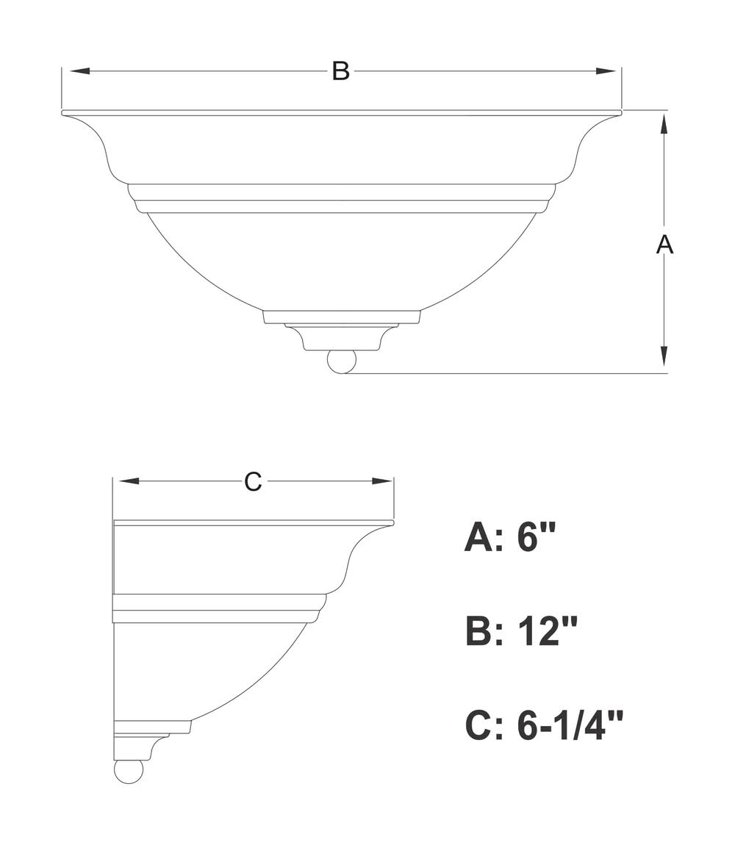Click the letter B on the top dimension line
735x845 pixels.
pyautogui.click(x=341, y=71)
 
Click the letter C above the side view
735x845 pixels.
pyautogui.click(x=252, y=481)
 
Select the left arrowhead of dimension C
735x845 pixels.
pyautogui.click(x=126, y=481)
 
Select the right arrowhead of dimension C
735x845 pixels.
pyautogui.click(x=381, y=481)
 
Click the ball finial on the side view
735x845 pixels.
pyautogui.click(x=129, y=771)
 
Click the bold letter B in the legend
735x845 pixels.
pyautogui.click(x=479, y=631)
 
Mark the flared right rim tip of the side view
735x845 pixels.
pyautogui.click(x=393, y=522)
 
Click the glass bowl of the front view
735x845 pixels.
pyautogui.click(x=342, y=262)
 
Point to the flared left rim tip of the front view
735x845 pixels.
pyautogui.click(x=64, y=112)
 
